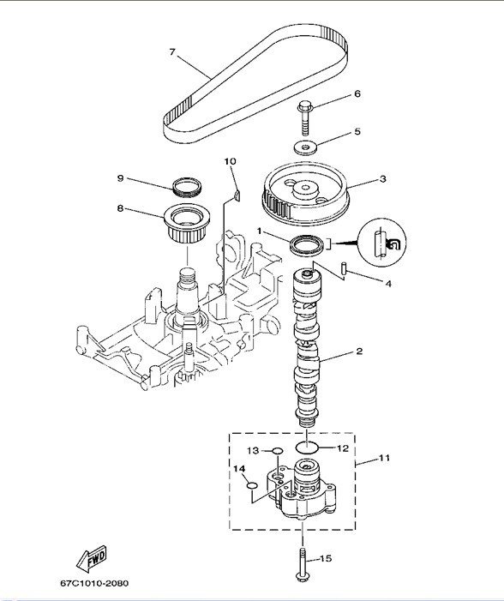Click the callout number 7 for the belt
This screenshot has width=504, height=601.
[x=172, y=51]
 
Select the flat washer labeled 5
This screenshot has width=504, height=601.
[x=305, y=147]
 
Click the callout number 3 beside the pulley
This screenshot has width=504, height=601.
[x=382, y=179]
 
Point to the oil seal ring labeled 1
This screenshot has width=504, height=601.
[x=306, y=245]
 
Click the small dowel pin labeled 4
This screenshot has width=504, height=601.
[x=345, y=268]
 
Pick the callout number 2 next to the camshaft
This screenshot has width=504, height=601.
[x=359, y=352]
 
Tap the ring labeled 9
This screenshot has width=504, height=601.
[x=187, y=187]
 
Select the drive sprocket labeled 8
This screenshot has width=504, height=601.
[x=187, y=224]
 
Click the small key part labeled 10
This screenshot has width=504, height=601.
[x=237, y=195]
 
